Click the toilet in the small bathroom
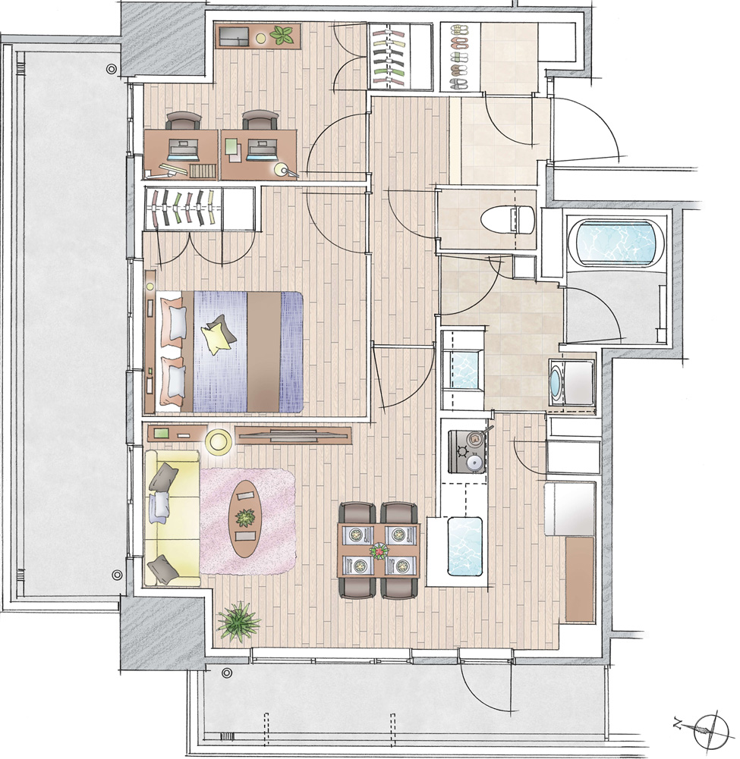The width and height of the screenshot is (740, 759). click(x=507, y=219)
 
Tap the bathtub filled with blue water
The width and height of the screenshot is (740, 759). click(x=616, y=243)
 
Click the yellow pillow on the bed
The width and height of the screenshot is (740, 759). click(x=215, y=336)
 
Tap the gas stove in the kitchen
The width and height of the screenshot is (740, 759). click(x=468, y=451)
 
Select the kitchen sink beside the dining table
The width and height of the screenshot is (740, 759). click(x=465, y=547)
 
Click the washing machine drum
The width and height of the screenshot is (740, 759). click(x=556, y=380)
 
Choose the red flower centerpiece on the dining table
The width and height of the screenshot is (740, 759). click(x=378, y=550)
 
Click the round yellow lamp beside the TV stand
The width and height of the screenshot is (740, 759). click(x=218, y=442)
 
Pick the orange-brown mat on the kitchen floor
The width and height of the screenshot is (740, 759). click(x=580, y=579)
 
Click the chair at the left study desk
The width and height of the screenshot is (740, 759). click(x=183, y=121)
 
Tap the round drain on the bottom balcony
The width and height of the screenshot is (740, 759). click(x=227, y=673)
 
